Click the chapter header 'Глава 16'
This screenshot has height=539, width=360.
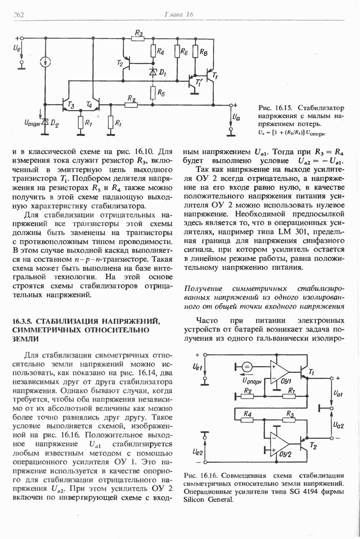tap(178, 15)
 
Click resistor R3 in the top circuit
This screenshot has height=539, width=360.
tap(139, 40)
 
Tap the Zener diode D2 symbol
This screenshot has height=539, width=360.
tap(45, 121)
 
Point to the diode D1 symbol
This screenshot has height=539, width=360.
tap(153, 71)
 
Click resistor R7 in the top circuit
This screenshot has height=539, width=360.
tap(81, 122)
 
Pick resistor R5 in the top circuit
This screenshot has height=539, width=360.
tap(153, 93)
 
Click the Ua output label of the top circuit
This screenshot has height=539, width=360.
tap(237, 118)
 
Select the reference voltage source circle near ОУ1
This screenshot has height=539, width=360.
tap(247, 367)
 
